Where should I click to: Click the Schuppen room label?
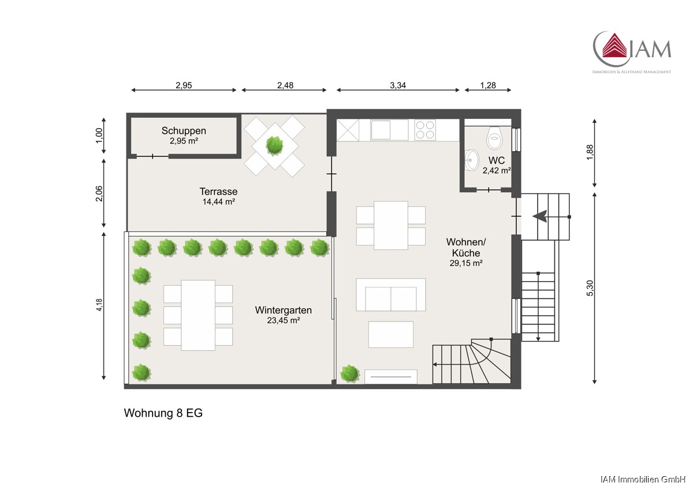pyautogui.click(x=184, y=131)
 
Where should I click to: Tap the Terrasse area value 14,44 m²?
pyautogui.click(x=219, y=202)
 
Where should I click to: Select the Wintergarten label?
pyautogui.click(x=284, y=310)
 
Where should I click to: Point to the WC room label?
pyautogui.click(x=497, y=160)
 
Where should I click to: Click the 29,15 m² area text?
pyautogui.click(x=466, y=263)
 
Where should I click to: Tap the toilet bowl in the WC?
pyautogui.click(x=495, y=138)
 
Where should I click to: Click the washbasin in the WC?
pyautogui.click(x=471, y=160)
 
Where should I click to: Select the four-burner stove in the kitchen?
pyautogui.click(x=425, y=130)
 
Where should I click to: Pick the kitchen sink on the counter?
pyautogui.click(x=381, y=130)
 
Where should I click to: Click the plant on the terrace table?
pyautogui.click(x=274, y=145)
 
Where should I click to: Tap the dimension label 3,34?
pyautogui.click(x=398, y=85)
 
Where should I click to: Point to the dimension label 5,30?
pyautogui.click(x=590, y=288)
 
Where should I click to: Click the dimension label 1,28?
pyautogui.click(x=488, y=85)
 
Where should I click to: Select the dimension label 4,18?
pyautogui.click(x=99, y=305)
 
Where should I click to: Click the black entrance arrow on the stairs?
pyautogui.click(x=540, y=216)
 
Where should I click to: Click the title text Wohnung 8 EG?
pyautogui.click(x=163, y=413)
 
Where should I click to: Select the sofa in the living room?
pyautogui.click(x=391, y=294)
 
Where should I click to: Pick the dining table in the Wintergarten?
pyautogui.click(x=198, y=315)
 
